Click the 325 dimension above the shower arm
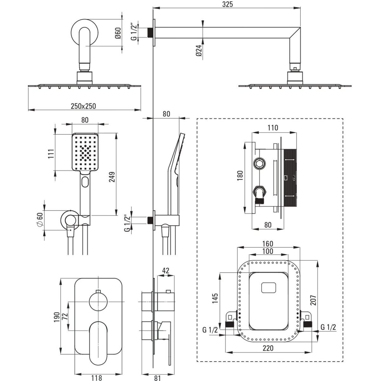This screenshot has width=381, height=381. point(228,4)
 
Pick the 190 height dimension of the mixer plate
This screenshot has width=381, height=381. point(57,316)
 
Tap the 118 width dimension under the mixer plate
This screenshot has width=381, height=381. point(97,378)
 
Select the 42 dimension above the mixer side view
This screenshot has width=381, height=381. point(165,271)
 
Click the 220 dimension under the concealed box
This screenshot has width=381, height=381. point(268,348)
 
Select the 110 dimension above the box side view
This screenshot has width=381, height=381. point(272,128)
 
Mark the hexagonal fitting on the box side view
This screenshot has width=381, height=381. point(259,164)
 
